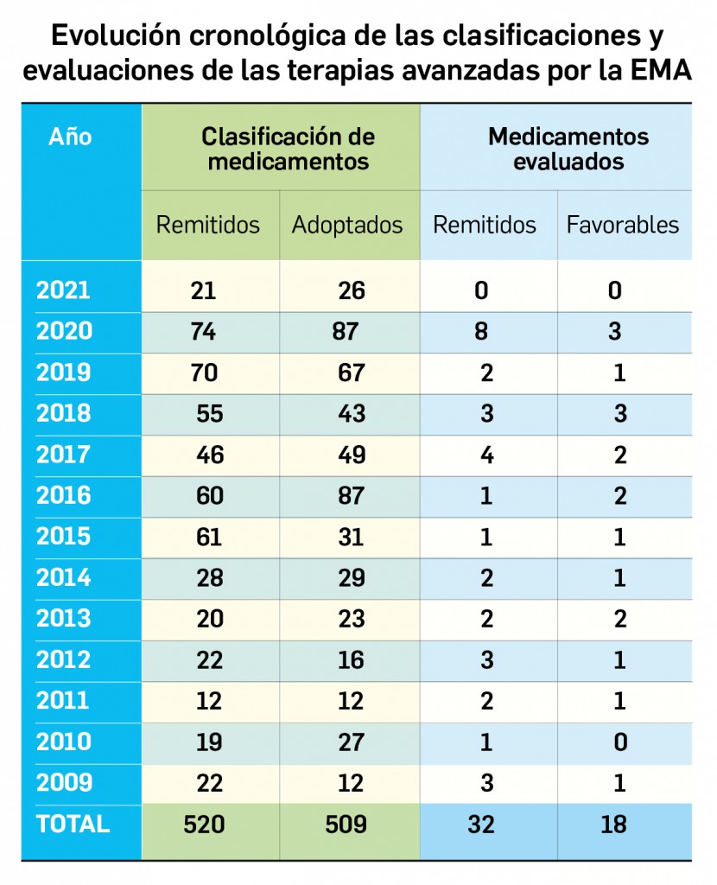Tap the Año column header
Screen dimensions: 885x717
(70, 137)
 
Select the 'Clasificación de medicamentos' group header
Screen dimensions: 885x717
(288, 149)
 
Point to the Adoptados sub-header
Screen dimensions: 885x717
(347, 226)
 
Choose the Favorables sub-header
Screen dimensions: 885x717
(623, 226)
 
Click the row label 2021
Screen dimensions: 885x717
(63, 290)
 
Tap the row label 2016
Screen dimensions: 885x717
(63, 496)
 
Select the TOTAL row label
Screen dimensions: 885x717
(73, 825)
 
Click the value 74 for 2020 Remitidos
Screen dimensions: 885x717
(205, 332)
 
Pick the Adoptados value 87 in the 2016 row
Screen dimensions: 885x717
(352, 496)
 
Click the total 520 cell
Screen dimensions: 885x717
(205, 825)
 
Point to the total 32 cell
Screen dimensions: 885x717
(480, 825)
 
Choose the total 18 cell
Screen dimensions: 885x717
(614, 825)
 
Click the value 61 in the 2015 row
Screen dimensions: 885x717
(208, 537)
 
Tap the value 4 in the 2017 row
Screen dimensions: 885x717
(486, 455)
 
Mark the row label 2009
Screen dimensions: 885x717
(63, 783)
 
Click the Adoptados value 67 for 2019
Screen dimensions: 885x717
(352, 372)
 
